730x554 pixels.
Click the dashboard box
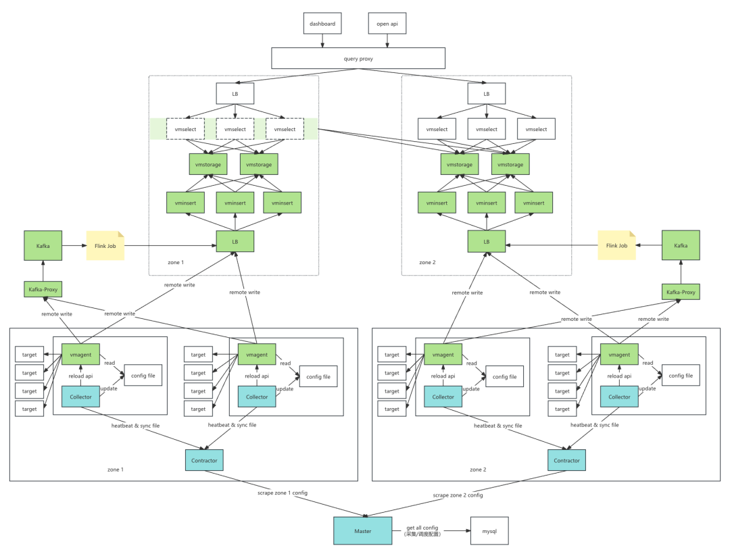pos(322,23)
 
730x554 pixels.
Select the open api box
pos(387,23)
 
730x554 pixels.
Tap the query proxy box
pos(358,58)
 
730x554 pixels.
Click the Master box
pos(363,531)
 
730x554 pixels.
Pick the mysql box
pos(489,531)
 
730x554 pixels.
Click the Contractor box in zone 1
pos(204,460)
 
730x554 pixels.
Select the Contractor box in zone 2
pos(566,460)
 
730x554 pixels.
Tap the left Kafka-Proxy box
pos(43,289)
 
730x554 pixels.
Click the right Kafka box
pos(681,245)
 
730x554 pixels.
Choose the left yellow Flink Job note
pos(105,246)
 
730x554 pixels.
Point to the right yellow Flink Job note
pos(616,245)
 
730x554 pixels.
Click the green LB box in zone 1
pos(235,241)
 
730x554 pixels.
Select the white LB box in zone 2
pos(487,93)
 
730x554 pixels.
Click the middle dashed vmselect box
pos(235,129)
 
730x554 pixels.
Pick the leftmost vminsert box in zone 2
pos(437,203)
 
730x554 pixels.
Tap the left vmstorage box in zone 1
pos(208,164)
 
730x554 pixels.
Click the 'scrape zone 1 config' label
pos(283,493)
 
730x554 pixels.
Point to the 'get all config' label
pos(422,528)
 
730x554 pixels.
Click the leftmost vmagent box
pos(80,355)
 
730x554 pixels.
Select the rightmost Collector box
pos(619,397)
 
